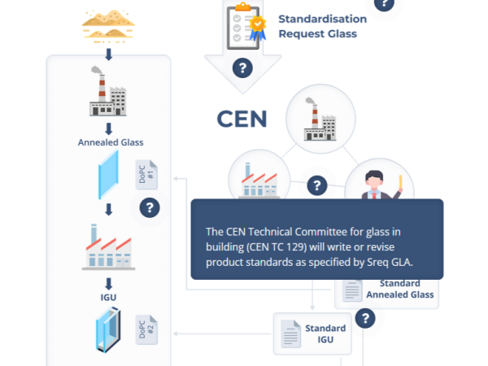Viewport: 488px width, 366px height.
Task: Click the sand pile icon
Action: pos(108,26)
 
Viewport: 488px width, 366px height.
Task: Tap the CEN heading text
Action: pos(242,119)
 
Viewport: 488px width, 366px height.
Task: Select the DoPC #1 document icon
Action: pos(146,175)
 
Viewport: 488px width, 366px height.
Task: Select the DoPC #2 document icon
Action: pos(146,329)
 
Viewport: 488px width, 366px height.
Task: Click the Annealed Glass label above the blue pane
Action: pos(111,142)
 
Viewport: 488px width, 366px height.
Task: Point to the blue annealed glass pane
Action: pos(108,175)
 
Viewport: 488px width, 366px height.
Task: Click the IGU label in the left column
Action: pos(108,298)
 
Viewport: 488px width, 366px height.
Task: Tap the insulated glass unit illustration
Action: pos(108,329)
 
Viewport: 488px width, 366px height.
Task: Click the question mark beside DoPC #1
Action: pos(150,207)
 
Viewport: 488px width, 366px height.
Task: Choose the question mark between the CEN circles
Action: pos(317,185)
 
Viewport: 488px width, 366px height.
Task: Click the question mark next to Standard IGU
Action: pos(365,318)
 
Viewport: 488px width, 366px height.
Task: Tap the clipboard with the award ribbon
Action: pos(246,26)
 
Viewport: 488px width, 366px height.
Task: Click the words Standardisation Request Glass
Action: pos(322,26)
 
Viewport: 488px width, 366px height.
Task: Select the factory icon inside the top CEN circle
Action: pos(320,119)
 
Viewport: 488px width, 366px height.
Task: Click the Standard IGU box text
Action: pos(325,333)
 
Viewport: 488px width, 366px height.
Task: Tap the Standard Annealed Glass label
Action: pos(400,289)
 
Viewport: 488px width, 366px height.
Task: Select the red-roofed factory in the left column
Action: pos(108,246)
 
